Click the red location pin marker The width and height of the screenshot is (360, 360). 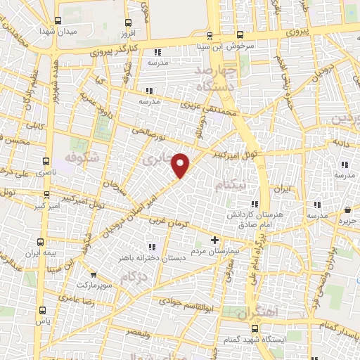pyautogui.click(x=181, y=165)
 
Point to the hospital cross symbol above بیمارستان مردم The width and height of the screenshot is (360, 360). pyautogui.click(x=214, y=240)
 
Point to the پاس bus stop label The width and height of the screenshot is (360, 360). pyautogui.click(x=44, y=320)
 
